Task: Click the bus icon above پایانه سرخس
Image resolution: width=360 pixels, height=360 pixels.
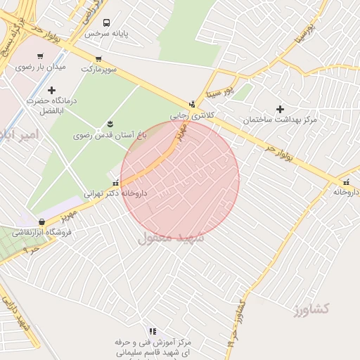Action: [x=106, y=22]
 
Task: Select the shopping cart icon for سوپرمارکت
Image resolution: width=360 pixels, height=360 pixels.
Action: [x=98, y=59]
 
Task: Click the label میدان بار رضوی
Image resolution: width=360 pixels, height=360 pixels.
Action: [x=41, y=67]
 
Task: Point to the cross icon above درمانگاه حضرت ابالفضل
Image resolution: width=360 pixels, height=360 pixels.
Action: [x=51, y=90]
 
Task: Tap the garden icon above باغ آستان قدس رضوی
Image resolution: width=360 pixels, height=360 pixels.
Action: [x=109, y=124]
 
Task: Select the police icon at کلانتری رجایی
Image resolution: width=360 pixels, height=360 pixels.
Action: [x=192, y=103]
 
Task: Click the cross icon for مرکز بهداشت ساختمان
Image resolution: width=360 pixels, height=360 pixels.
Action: [x=281, y=109]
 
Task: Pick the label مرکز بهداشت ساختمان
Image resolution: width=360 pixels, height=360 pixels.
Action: [x=280, y=120]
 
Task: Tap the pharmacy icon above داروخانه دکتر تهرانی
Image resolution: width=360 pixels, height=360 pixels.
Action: [x=115, y=183]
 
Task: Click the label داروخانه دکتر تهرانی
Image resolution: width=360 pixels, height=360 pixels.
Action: [x=115, y=193]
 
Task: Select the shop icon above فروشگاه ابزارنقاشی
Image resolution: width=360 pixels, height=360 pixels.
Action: [x=42, y=222]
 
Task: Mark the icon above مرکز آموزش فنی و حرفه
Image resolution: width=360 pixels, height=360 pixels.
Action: [x=153, y=331]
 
